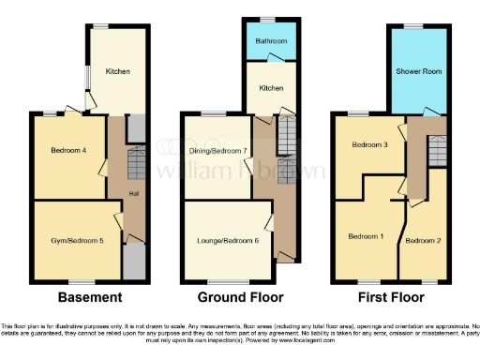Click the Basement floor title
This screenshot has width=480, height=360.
click(89, 297)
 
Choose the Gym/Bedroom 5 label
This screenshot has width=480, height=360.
click(76, 240)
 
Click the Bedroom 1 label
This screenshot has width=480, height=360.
click(367, 236)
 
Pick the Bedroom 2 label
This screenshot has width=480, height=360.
click(422, 240)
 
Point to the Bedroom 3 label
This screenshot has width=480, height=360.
click(369, 145)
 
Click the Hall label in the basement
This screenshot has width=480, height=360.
click(133, 194)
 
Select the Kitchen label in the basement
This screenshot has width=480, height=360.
click(117, 71)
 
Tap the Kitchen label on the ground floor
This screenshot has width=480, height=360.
click(271, 88)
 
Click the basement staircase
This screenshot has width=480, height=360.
click(134, 166)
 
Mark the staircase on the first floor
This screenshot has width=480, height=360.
click(437, 148)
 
